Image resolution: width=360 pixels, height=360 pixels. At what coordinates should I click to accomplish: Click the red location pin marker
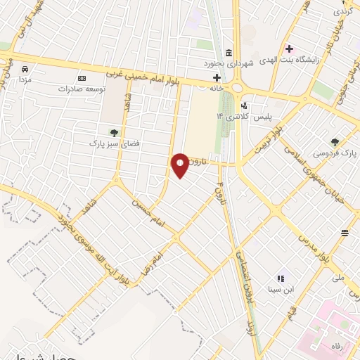(x=181, y=165)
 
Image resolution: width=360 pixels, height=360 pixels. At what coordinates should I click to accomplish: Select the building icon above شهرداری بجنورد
(x=229, y=53)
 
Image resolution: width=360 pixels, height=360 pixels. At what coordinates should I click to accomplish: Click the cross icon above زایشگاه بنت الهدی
(x=289, y=49)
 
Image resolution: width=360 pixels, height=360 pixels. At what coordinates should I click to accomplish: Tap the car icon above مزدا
(x=25, y=70)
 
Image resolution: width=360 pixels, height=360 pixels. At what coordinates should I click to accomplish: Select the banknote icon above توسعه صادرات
(x=82, y=77)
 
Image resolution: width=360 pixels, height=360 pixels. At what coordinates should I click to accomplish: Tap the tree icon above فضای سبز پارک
(x=113, y=131)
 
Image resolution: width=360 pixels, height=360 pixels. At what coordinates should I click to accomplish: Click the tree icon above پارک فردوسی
(x=335, y=141)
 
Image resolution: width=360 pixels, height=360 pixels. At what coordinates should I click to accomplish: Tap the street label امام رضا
(x=155, y=264)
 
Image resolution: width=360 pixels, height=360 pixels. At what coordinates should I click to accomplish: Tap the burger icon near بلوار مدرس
(x=345, y=233)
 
